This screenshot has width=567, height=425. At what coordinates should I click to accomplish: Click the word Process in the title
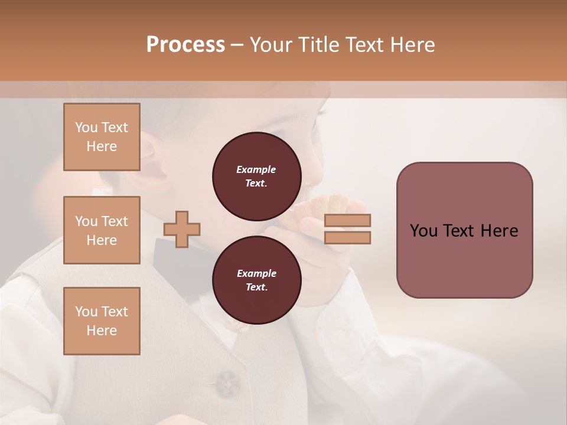pos(185,45)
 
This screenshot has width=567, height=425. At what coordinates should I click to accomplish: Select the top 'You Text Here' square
pos(102,137)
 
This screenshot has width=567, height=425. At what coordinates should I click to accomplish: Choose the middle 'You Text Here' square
pos(102,230)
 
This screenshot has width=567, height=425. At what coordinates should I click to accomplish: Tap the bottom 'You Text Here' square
pos(102,321)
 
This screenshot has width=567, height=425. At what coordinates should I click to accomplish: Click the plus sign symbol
pos(182,229)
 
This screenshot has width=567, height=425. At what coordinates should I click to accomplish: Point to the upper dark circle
pos(256,176)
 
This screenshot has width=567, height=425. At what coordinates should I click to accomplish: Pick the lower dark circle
pos(256,280)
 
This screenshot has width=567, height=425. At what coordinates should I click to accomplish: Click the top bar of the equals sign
pos(347,221)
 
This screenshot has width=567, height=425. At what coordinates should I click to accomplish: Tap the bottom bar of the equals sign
pos(347,237)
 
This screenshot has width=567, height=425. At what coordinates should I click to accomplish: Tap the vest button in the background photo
pos(227,382)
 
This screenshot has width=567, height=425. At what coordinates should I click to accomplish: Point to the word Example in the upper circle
pos(256,169)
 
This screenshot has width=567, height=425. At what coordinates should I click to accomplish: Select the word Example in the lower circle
pos(256,273)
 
